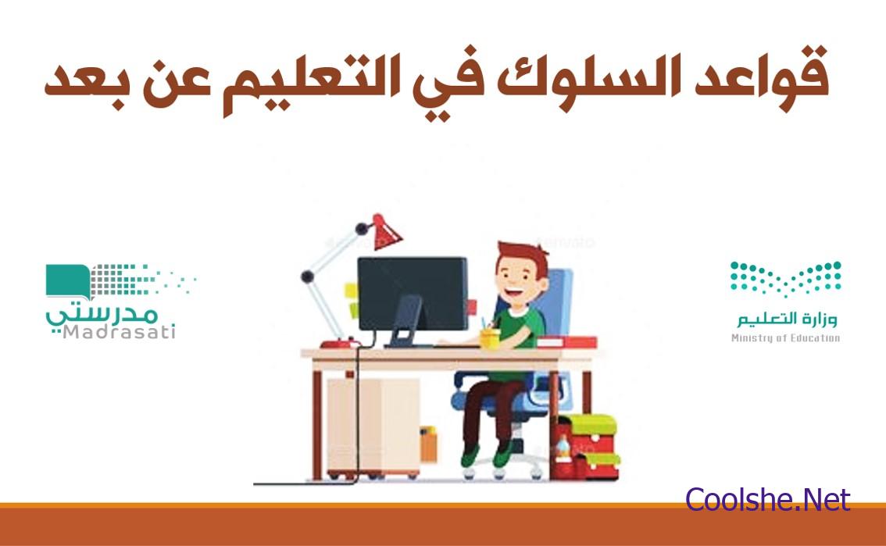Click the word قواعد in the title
point(763,77)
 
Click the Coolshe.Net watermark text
point(768,499)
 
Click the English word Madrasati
point(119,331)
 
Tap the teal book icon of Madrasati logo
point(68,280)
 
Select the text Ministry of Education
point(785,337)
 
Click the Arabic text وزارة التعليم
point(787,319)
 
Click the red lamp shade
point(386,232)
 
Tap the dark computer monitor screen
point(413,294)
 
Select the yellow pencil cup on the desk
point(489,338)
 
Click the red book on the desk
point(566,341)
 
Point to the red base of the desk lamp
point(339,343)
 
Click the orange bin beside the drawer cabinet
point(428,444)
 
